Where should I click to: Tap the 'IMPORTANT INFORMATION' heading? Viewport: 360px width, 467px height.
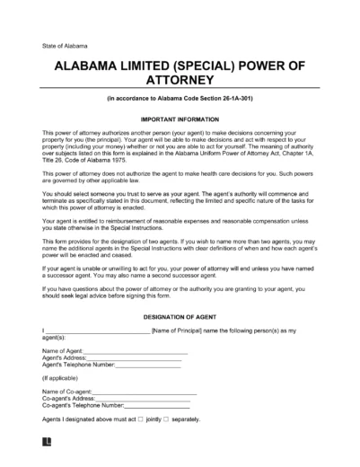pos(180,118)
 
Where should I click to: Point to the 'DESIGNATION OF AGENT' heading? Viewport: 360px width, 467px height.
pos(180,315)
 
